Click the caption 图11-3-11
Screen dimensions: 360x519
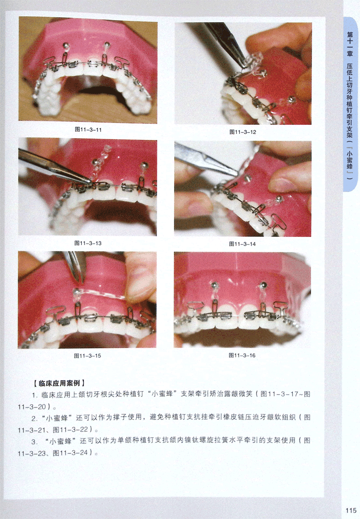[x=88, y=130]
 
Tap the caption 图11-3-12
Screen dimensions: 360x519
[x=243, y=132]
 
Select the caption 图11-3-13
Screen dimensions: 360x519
[x=88, y=243]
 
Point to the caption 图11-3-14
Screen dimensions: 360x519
[x=242, y=244]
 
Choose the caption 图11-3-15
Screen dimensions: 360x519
[x=87, y=356]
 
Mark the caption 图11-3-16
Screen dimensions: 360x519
[x=242, y=355]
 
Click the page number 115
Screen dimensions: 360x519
[x=351, y=510]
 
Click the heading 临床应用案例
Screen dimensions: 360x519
[x=59, y=383]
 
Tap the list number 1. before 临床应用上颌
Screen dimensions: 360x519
[x=35, y=395]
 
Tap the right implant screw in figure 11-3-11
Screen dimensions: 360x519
[x=107, y=43]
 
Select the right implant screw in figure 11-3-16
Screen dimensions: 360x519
[x=263, y=284]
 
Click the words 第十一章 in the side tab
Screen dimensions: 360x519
[x=350, y=44]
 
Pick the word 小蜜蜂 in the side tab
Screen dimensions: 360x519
[x=350, y=159]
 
